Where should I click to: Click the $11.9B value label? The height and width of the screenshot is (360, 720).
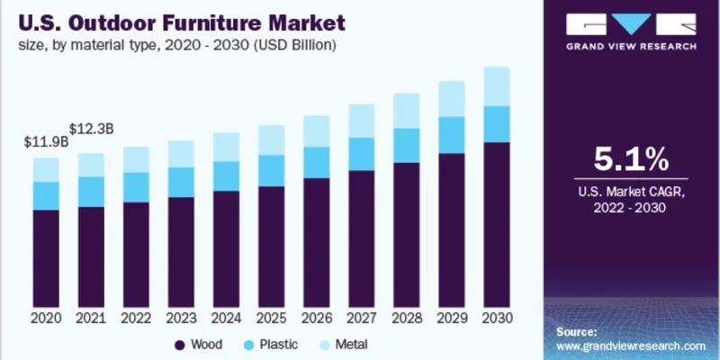pos(45,141)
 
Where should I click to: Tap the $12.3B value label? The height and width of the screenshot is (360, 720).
pos(90,129)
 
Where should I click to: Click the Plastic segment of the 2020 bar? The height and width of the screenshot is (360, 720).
pos(46,195)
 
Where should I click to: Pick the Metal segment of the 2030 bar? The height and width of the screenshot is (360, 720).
pos(497,86)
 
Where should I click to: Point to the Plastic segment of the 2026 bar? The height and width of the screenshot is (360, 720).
pos(316,162)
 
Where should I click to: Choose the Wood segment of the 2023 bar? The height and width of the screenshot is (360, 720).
pos(181,251)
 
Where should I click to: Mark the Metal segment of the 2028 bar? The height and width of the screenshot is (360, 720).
pos(406,111)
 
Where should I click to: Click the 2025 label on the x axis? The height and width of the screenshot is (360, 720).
pos(271,319)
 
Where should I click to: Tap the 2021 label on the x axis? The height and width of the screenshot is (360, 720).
pos(91,319)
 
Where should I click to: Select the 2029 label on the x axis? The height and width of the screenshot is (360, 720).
pos(451,319)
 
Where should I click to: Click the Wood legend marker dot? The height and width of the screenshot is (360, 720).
pos(179,345)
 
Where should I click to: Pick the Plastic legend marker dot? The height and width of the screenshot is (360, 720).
pos(250,345)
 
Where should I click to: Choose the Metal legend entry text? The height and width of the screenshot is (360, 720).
pos(351,345)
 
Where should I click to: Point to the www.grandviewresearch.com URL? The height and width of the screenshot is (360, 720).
pos(629,345)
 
